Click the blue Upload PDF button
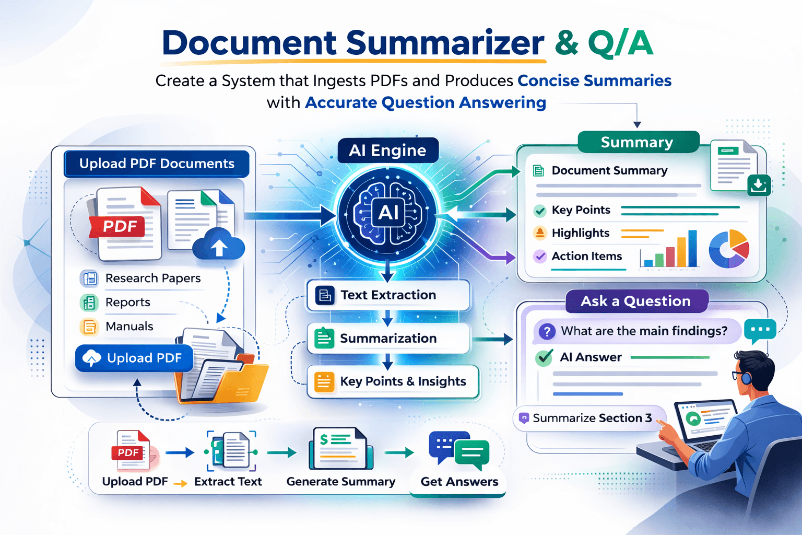click(x=134, y=358)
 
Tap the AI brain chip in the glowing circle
click(x=388, y=213)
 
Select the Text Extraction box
click(x=388, y=295)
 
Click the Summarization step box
click(x=388, y=339)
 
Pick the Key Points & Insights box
click(x=393, y=381)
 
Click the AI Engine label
click(x=387, y=150)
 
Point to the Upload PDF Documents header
click(x=157, y=164)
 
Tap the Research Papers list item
click(x=152, y=278)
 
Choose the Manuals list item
click(x=129, y=327)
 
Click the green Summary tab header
click(x=637, y=142)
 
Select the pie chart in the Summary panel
click(x=729, y=249)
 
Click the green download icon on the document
click(x=759, y=185)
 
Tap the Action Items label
click(x=586, y=257)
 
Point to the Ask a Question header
click(x=636, y=301)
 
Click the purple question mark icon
click(x=547, y=331)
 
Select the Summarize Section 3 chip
click(x=592, y=418)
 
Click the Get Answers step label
click(x=459, y=482)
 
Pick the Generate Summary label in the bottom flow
click(x=340, y=482)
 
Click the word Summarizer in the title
click(x=445, y=43)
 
